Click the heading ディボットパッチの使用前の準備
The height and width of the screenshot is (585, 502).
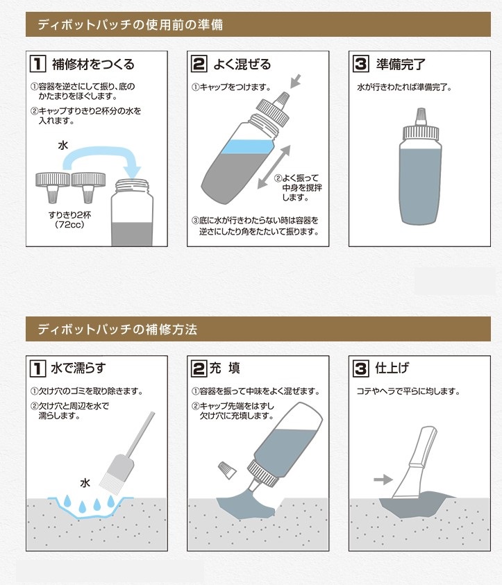(x=131, y=24)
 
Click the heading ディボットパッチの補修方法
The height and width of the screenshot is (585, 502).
(x=117, y=329)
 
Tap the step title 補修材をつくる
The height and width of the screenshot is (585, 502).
(x=93, y=64)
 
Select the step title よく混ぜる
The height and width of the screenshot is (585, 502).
(x=242, y=64)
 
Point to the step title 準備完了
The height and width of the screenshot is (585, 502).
(x=401, y=64)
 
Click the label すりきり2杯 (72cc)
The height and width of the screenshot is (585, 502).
(x=69, y=220)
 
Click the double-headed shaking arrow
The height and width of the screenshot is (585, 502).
(x=274, y=167)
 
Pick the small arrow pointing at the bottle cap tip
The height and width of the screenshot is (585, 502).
(x=295, y=81)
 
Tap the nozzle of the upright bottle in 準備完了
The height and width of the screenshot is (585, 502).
(x=421, y=117)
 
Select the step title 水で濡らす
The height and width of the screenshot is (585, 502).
(x=78, y=368)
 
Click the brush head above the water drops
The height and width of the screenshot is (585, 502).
(x=116, y=473)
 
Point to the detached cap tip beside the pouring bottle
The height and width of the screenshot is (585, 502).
(x=227, y=470)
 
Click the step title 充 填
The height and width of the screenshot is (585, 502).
(x=224, y=368)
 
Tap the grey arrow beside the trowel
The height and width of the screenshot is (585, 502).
(x=383, y=480)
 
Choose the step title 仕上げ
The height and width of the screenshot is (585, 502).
(x=392, y=368)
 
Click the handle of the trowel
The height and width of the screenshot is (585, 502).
(x=424, y=446)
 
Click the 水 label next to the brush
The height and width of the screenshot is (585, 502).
(x=85, y=483)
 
